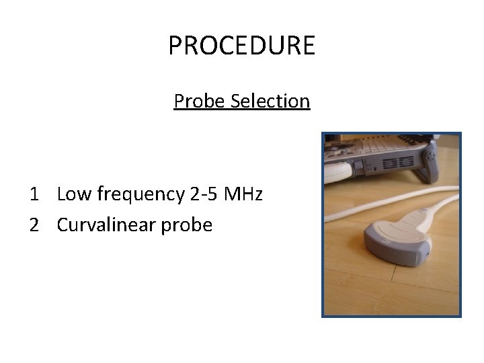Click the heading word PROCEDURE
pyautogui.click(x=241, y=46)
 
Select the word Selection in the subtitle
pyautogui.click(x=270, y=101)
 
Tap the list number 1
pyautogui.click(x=34, y=195)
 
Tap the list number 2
pyautogui.click(x=34, y=225)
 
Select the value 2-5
pyautogui.click(x=204, y=195)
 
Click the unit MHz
pyautogui.click(x=243, y=195)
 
